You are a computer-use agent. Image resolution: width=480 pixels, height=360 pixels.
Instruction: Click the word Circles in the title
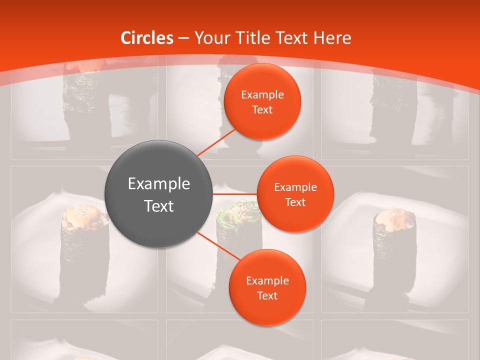147,38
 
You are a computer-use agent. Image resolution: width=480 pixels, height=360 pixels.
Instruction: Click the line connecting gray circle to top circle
216,142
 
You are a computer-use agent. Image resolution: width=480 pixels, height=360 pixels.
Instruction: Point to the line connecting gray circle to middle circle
234,193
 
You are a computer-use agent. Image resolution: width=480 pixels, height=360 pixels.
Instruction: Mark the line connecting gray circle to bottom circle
218,246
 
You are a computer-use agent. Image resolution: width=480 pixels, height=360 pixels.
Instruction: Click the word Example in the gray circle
159,184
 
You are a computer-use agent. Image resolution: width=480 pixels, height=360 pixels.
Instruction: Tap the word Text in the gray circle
159,206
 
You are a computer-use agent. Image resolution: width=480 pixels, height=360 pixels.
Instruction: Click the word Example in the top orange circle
262,95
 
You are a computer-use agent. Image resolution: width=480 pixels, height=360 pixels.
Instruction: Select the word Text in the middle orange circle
295,202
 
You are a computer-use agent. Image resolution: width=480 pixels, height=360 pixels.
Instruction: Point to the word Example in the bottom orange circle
267,281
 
